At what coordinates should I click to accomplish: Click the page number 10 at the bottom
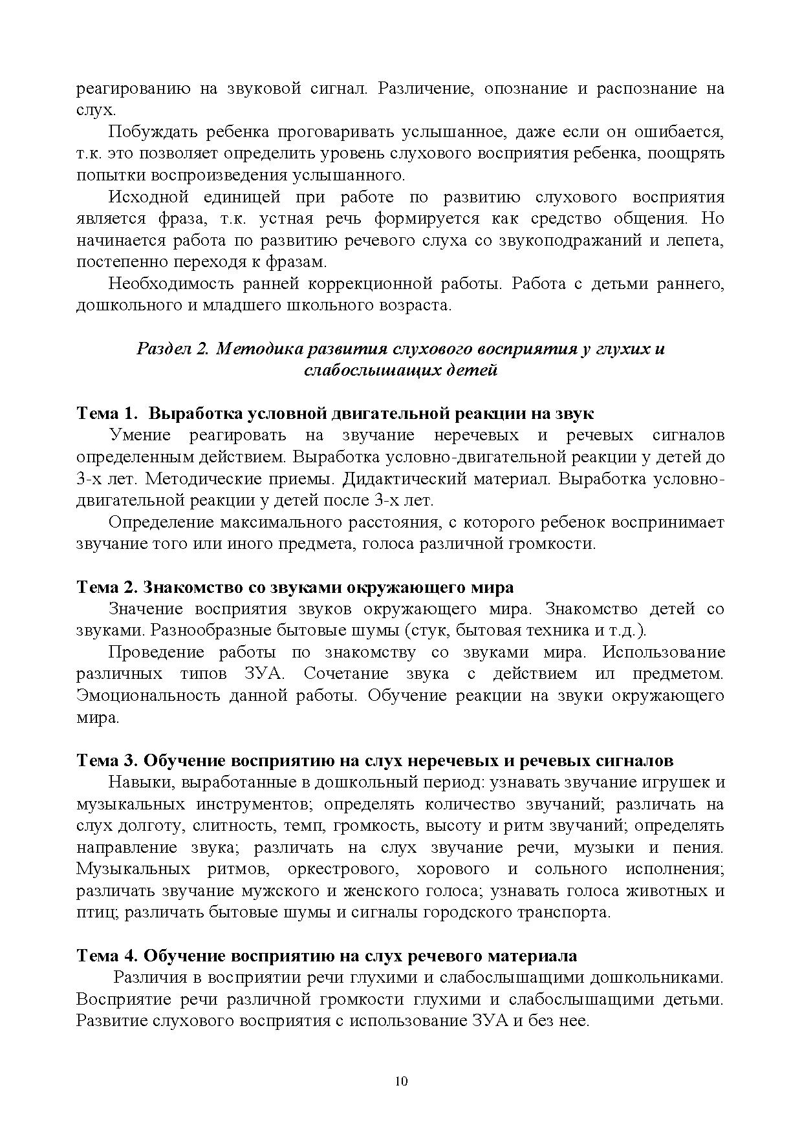tap(401, 1081)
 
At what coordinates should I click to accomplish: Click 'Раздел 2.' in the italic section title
tap(171, 349)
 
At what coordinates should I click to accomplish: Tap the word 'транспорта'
tap(563, 912)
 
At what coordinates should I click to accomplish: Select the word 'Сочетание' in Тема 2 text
tap(345, 674)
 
